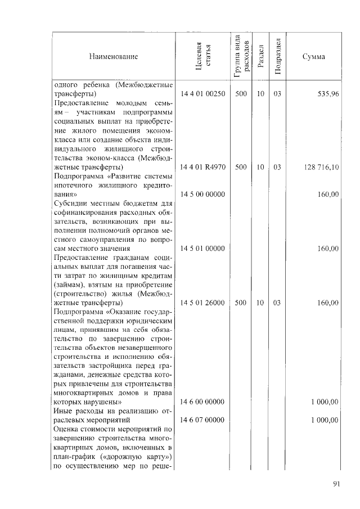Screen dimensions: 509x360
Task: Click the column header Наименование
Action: [x=112, y=57]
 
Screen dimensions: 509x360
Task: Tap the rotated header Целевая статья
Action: [x=202, y=57]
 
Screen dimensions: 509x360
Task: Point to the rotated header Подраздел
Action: [x=277, y=57]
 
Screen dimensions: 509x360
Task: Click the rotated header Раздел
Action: [x=260, y=57]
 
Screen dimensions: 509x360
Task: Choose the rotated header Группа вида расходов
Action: [x=241, y=57]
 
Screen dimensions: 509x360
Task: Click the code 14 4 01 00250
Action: [x=202, y=94]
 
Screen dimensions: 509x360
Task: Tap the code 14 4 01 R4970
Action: [x=202, y=167]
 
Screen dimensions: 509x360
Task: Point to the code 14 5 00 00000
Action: [x=202, y=194]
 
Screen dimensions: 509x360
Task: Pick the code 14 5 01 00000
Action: [x=202, y=248]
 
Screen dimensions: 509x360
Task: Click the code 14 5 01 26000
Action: [x=202, y=303]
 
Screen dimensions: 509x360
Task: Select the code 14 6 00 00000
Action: [x=202, y=402]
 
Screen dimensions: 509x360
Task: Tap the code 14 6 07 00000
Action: [x=202, y=420]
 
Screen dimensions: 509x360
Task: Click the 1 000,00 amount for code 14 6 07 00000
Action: [x=324, y=420]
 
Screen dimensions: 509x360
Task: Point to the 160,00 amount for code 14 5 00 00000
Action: [x=327, y=194]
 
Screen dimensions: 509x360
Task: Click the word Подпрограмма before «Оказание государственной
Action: [x=77, y=311]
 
